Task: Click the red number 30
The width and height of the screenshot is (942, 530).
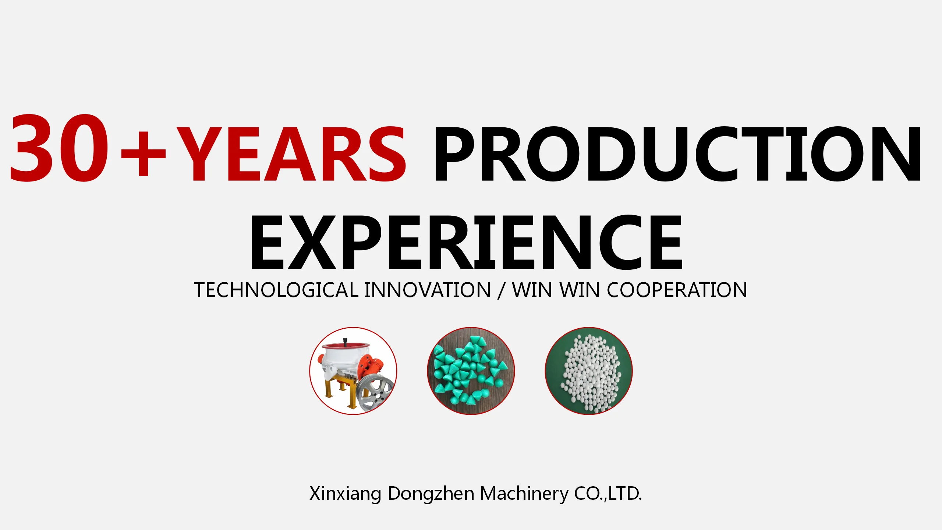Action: tap(59, 148)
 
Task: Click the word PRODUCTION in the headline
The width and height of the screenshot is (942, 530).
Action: tap(677, 154)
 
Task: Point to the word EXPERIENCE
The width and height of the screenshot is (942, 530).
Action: tap(466, 243)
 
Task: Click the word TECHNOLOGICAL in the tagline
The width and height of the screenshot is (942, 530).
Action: tap(276, 290)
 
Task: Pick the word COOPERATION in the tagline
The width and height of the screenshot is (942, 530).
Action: tap(677, 290)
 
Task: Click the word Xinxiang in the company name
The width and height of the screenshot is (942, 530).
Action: tap(345, 494)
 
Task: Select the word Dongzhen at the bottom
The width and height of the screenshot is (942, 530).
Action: tap(431, 494)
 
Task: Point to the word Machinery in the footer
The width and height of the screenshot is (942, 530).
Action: tap(524, 494)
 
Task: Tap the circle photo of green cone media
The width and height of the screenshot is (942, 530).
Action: tap(471, 371)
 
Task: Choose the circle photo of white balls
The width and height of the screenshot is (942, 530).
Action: tap(588, 371)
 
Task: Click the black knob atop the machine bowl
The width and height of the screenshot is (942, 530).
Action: tap(345, 341)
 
